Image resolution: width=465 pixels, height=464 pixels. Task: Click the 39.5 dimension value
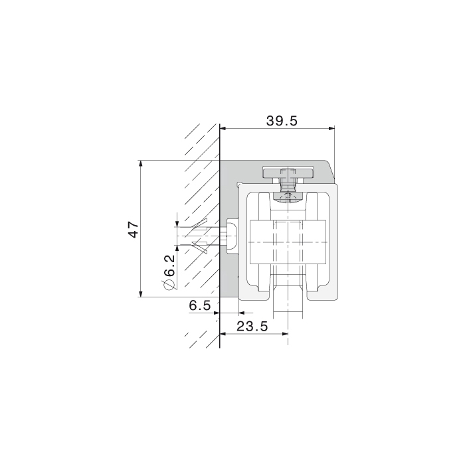click(282, 121)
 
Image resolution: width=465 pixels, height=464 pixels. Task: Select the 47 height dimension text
click(134, 229)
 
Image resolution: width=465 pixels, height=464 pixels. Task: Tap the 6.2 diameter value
click(169, 266)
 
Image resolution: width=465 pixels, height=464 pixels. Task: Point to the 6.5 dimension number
click(199, 305)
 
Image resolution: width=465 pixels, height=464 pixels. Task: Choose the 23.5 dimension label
click(252, 326)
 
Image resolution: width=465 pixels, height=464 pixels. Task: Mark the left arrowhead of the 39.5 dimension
click(223, 129)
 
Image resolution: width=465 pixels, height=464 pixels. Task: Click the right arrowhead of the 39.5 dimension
click(331, 129)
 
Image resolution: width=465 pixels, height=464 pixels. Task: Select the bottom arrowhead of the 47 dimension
click(141, 293)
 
